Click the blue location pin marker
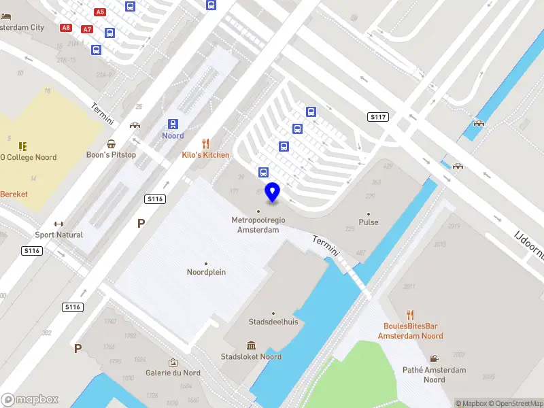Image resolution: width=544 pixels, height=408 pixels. click(273, 192)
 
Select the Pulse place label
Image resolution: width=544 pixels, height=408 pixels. click(369, 222)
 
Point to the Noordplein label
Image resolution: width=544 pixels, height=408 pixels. click(206, 272)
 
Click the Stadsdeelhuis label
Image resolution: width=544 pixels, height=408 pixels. click(274, 322)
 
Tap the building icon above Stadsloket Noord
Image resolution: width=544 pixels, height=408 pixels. click(252, 345)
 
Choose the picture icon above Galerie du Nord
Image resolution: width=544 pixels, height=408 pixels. click(173, 362)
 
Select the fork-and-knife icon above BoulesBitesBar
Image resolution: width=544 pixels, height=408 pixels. click(410, 315)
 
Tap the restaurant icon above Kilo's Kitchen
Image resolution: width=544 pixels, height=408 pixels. click(206, 143)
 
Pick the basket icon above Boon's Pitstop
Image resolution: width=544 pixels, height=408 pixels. click(111, 143)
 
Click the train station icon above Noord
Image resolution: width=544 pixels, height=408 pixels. click(173, 124)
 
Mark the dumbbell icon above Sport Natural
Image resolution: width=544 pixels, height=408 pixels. click(58, 224)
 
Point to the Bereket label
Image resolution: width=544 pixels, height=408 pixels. click(14, 194)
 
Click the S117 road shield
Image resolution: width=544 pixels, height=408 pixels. click(378, 117)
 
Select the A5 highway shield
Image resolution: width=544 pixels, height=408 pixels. click(100, 12)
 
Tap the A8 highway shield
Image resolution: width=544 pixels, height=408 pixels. click(66, 28)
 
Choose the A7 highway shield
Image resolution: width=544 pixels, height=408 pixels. click(86, 29)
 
